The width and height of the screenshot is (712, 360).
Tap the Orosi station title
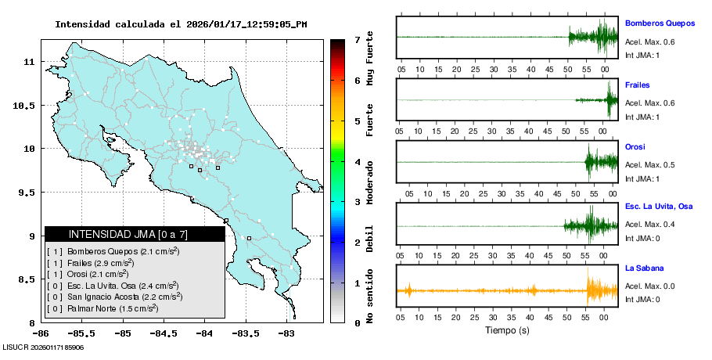click(635, 146)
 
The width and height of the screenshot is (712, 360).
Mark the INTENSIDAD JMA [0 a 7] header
click(135, 234)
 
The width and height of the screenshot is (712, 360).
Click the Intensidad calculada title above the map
click(181, 24)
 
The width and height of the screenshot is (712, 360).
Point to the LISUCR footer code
click(44, 347)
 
